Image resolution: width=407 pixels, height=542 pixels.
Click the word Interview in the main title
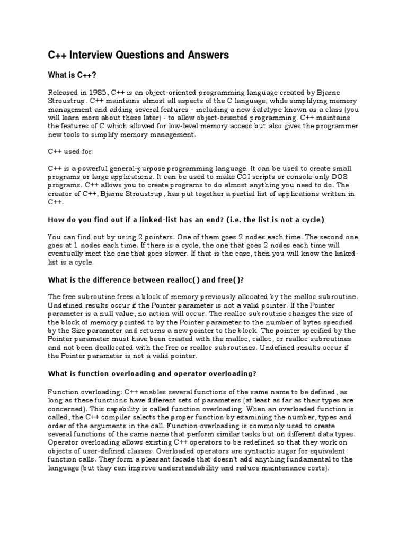point(91,55)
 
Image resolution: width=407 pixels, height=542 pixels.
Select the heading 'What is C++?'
point(72,75)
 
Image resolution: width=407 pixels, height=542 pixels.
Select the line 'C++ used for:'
point(71,151)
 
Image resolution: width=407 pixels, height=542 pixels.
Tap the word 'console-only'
point(300,177)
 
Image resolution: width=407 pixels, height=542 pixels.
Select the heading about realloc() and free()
point(149,279)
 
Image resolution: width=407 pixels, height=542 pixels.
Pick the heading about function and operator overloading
point(152,373)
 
